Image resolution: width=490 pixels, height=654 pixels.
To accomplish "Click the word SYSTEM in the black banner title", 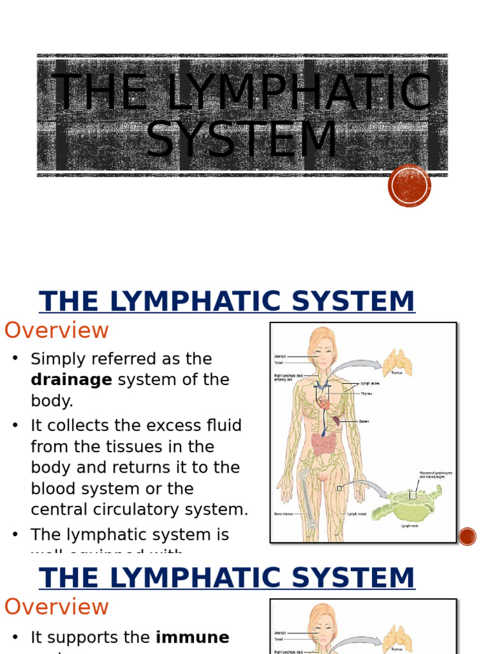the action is click(x=242, y=139).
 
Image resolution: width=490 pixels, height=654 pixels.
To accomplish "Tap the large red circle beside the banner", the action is click(x=409, y=186).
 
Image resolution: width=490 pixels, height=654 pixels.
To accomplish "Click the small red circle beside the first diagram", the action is click(x=468, y=536).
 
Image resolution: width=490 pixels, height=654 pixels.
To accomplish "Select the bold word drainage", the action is click(x=71, y=380).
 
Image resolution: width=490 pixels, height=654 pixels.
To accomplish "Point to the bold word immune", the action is click(x=193, y=637).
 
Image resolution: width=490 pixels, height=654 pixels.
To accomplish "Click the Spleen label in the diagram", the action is click(x=364, y=422).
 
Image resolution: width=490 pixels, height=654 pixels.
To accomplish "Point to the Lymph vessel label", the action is click(x=356, y=513).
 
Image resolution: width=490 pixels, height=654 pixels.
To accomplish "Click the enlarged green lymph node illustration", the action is click(x=405, y=503).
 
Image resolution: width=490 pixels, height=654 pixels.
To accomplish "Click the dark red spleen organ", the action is click(x=336, y=421).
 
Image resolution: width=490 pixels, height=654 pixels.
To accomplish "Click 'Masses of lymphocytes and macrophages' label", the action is click(x=436, y=475).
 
